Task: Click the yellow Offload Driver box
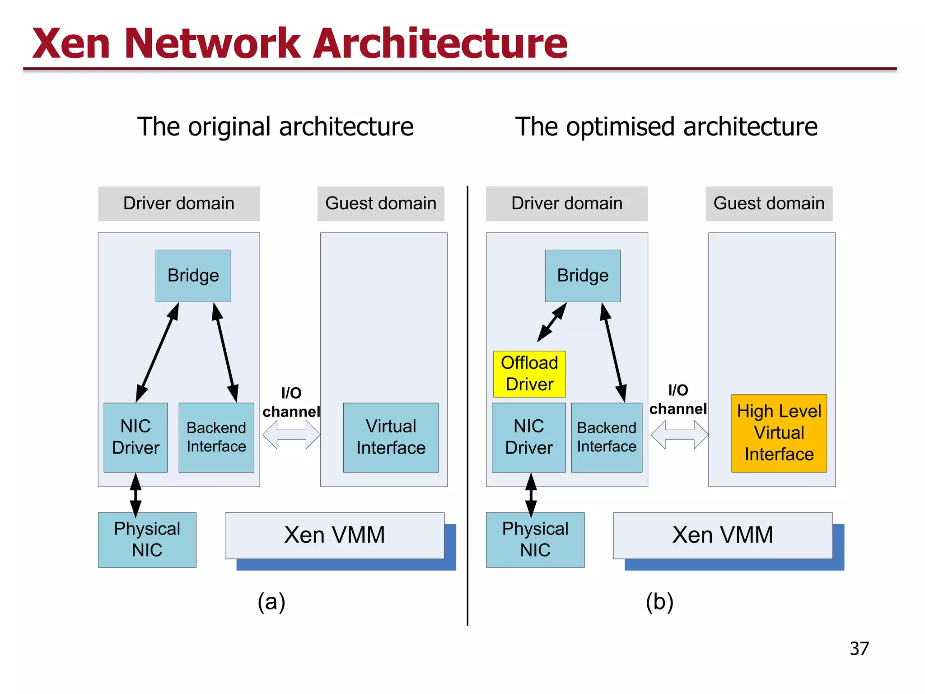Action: [529, 374]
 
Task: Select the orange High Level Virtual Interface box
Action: [779, 433]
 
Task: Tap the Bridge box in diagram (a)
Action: [193, 276]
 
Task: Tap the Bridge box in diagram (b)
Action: [583, 276]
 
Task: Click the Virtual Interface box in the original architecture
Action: [391, 437]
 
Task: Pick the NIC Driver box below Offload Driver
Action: [528, 437]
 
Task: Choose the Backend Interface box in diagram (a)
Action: [216, 437]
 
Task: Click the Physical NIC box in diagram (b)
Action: [535, 539]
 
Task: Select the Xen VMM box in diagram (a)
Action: [334, 535]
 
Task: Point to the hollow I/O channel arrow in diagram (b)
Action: [679, 435]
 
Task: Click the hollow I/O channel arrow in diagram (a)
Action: [291, 435]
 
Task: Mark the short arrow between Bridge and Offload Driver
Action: [552, 322]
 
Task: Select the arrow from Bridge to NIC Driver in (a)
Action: [157, 352]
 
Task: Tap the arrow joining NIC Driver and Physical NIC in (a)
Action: [135, 494]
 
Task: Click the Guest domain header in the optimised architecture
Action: [769, 203]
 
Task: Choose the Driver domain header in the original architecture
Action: [179, 203]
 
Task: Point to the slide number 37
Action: [859, 648]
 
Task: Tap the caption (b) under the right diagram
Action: [659, 602]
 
